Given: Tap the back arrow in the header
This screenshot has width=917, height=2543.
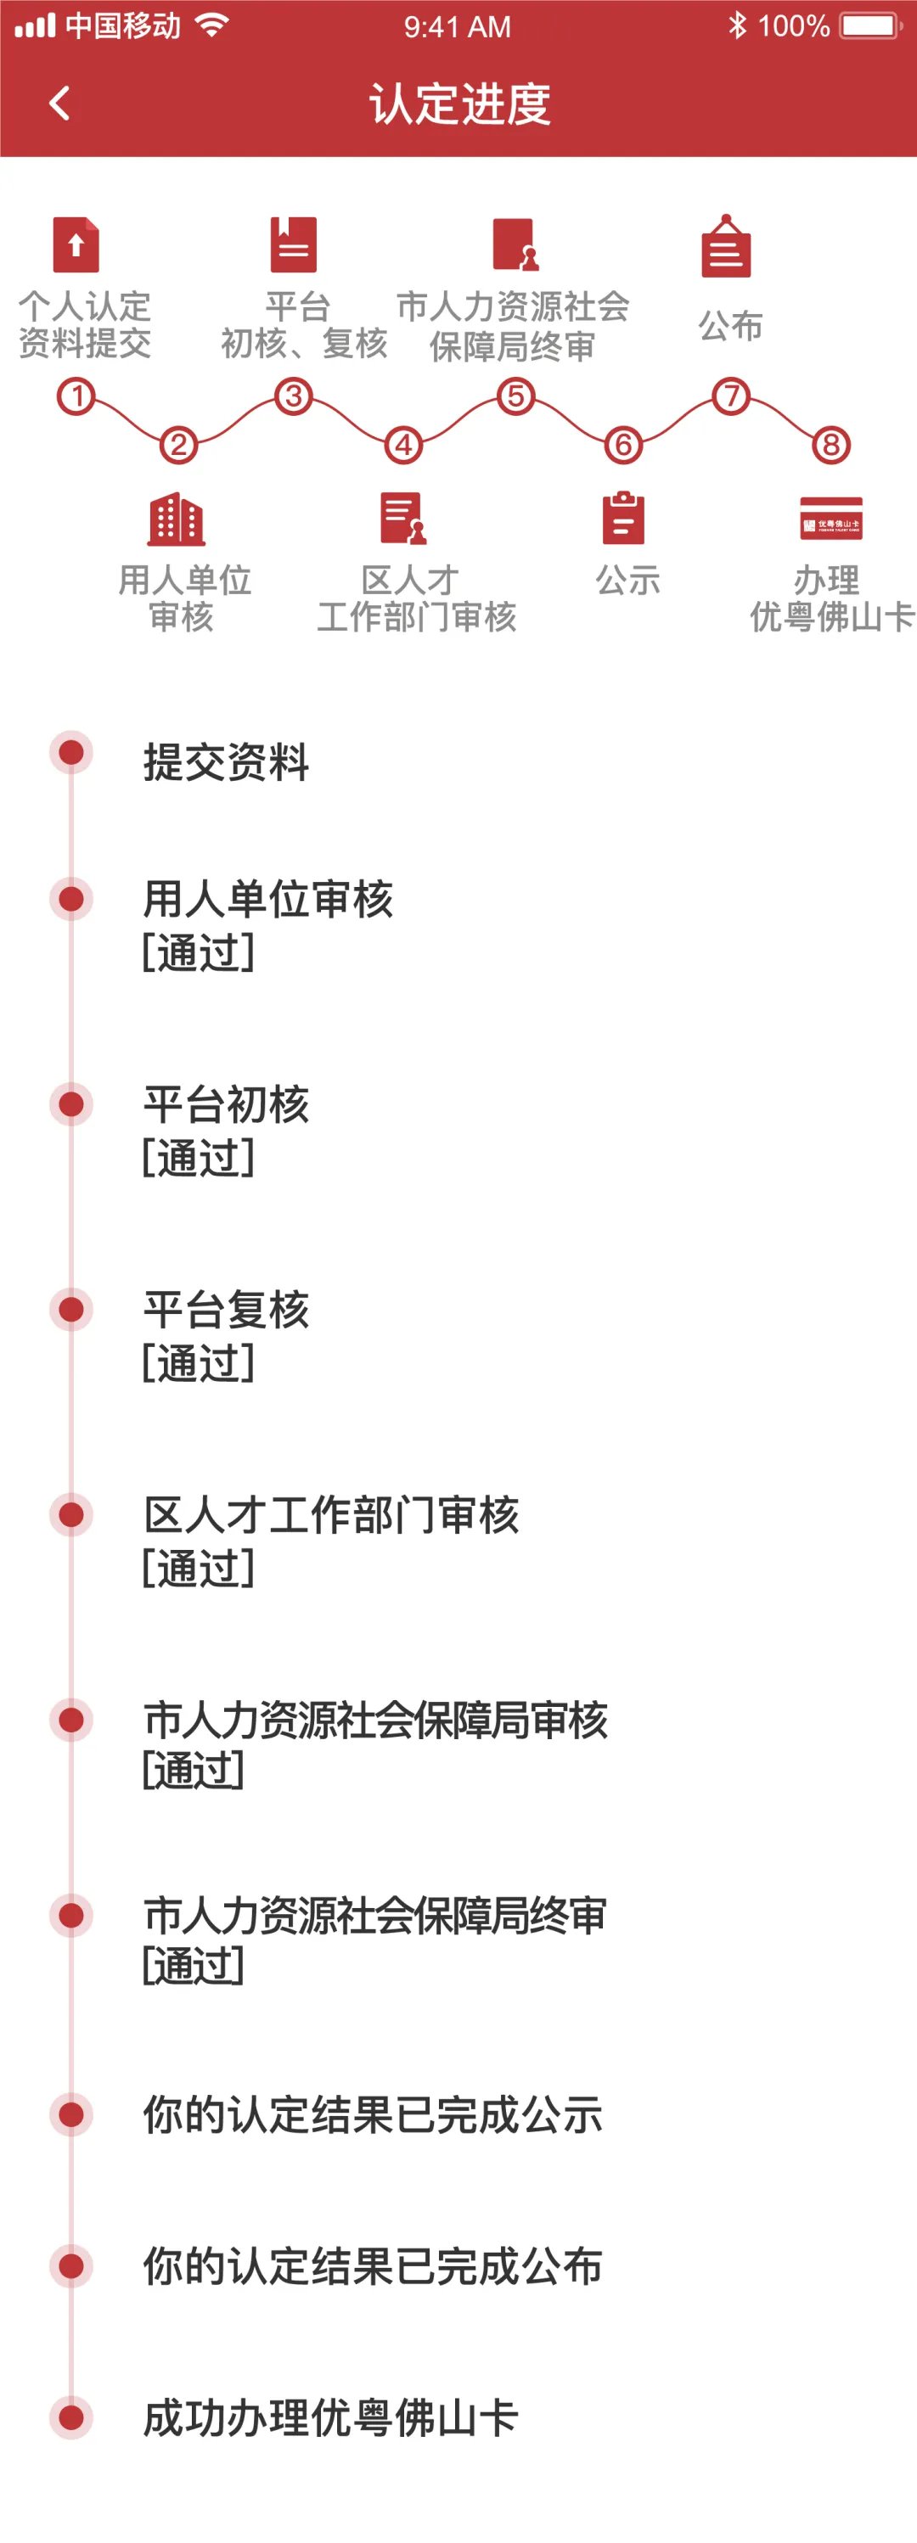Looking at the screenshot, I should tap(60, 103).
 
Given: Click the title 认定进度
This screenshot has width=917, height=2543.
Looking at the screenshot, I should tap(459, 104).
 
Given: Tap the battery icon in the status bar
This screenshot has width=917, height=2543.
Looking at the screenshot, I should tap(869, 25).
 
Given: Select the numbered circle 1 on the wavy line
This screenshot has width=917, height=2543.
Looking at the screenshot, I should tap(76, 397).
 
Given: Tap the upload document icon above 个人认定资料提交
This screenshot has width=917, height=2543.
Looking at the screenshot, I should tap(76, 244).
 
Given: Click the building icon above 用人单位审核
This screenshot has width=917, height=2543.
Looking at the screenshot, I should tap(177, 519).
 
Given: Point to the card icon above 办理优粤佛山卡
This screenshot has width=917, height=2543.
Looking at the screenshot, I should tap(831, 519).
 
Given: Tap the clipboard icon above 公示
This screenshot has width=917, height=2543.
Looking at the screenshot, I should tap(624, 519).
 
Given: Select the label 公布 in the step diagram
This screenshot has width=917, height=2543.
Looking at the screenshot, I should tap(730, 326).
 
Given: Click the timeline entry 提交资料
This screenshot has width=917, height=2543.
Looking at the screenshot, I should tap(226, 762).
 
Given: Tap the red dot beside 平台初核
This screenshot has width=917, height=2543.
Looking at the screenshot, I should tap(71, 1103).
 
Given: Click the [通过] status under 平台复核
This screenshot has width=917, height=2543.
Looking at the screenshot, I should tap(199, 1363).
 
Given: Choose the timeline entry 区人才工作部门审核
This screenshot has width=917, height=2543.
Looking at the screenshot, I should tap(330, 1515).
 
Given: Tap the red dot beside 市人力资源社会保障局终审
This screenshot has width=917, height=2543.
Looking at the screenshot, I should tap(71, 1916).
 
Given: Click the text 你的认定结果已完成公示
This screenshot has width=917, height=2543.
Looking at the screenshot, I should tap(372, 2115).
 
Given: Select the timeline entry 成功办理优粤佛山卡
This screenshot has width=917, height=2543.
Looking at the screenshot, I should tap(330, 2417).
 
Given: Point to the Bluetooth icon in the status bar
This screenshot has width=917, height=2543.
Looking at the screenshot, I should tap(736, 25).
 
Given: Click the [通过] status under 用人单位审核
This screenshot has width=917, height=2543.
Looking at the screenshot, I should tap(199, 952).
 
